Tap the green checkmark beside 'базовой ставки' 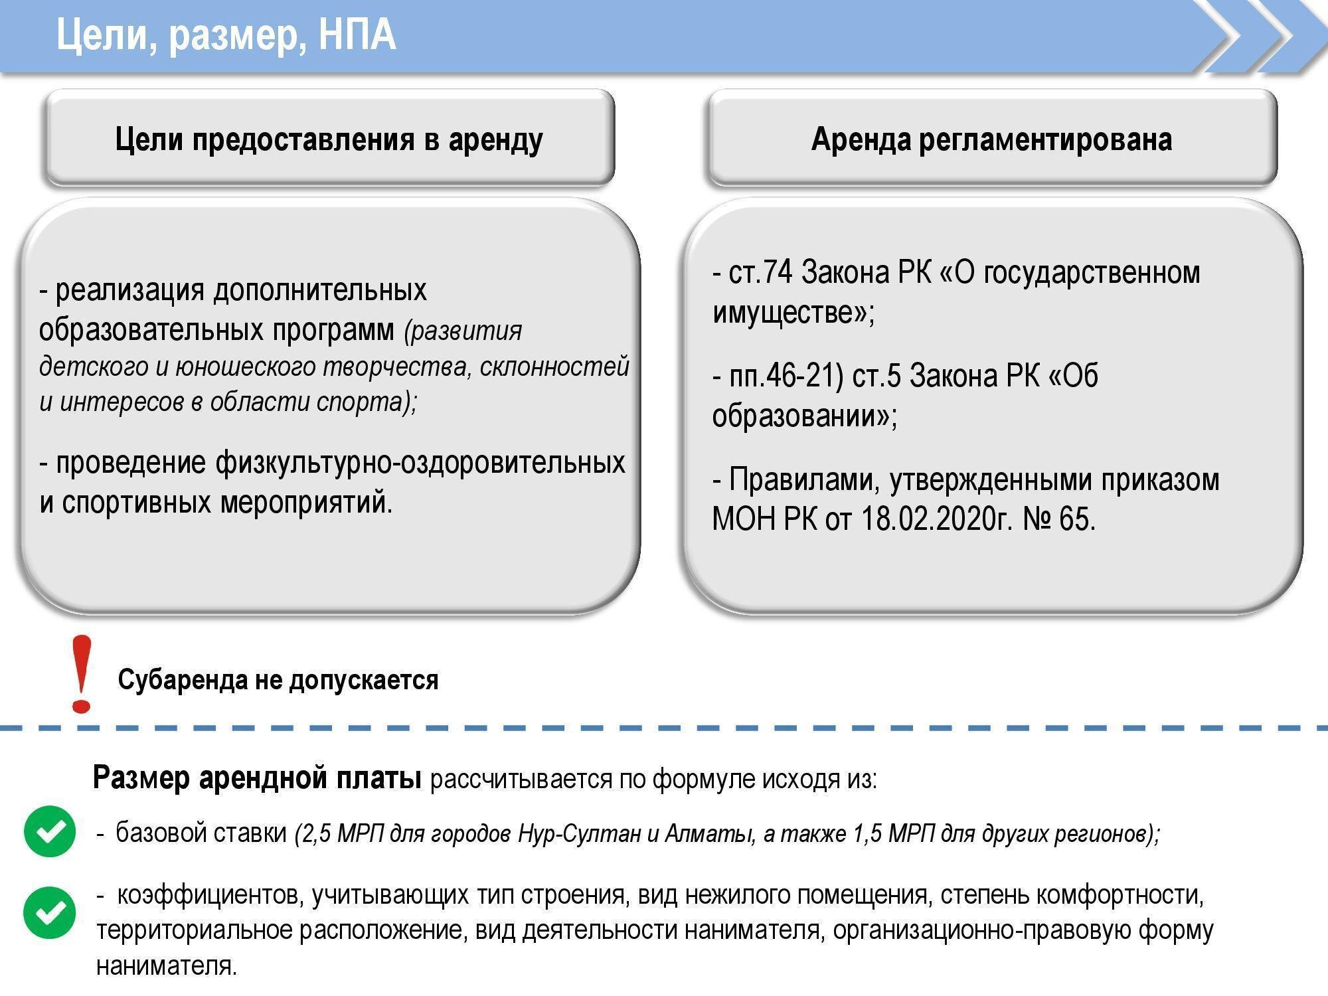click(50, 831)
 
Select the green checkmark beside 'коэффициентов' click(50, 912)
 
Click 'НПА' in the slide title click(357, 35)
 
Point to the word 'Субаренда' click(183, 680)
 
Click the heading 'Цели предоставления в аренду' click(329, 140)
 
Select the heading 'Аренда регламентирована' click(991, 140)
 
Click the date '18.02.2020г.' click(937, 519)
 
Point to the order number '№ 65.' click(1058, 519)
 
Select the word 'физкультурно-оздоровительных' click(420, 462)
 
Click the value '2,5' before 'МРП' click(315, 833)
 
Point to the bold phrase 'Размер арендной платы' click(257, 778)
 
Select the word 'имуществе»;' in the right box click(793, 312)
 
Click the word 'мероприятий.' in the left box click(306, 503)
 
